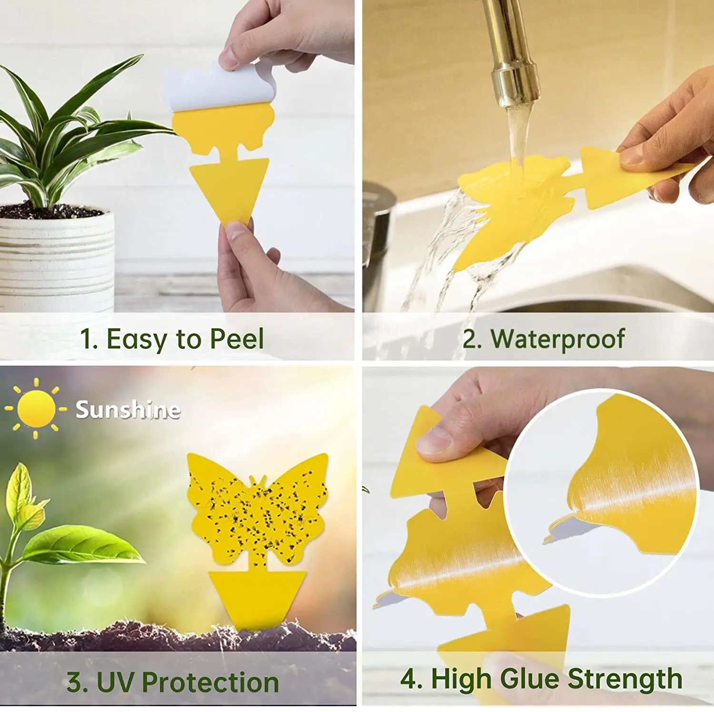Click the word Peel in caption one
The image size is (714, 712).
point(237,339)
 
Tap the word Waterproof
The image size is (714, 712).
point(557,339)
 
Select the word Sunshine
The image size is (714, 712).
point(128,409)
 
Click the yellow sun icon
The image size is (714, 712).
point(36,408)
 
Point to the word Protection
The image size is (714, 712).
point(210,682)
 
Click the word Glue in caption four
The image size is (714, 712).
point(532,678)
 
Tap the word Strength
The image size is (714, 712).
point(625,678)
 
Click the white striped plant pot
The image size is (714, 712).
point(56,257)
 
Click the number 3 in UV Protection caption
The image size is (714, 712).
point(75,682)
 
